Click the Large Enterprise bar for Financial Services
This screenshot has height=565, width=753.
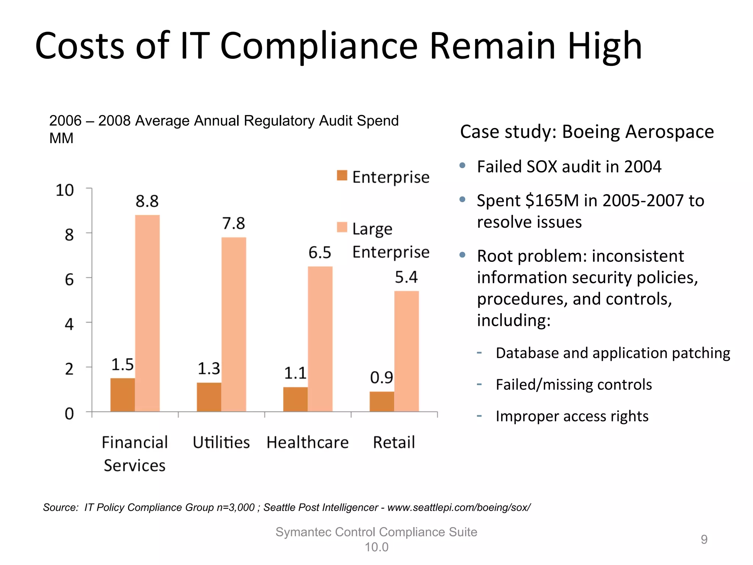point(147,313)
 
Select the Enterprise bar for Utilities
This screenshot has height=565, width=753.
point(209,397)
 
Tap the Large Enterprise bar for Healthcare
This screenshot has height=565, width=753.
point(320,338)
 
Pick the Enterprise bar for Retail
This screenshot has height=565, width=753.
point(382,401)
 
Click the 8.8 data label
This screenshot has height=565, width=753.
point(147,201)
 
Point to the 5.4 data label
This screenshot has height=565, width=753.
point(406,277)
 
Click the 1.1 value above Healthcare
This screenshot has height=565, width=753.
point(295,373)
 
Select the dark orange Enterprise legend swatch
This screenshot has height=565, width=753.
point(342,175)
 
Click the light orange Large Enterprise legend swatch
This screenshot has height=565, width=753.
point(342,227)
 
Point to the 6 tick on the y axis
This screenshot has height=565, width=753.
point(69,280)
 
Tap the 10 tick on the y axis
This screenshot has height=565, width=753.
point(65,191)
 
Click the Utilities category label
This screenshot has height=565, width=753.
point(221,442)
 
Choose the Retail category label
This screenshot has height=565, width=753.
point(394,442)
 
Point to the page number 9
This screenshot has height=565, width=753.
point(704,539)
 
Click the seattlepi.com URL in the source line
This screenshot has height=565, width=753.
point(459,508)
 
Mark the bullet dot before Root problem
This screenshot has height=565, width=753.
point(463,255)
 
